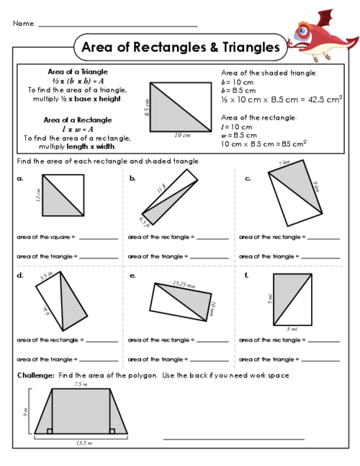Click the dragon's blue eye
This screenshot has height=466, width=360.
pos(303,31)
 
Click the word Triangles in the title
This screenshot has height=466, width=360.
pos(251,47)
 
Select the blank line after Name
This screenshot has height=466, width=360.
pos(118,26)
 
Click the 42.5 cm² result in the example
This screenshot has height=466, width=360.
pos(325,99)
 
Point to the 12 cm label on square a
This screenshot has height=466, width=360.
pos(38,195)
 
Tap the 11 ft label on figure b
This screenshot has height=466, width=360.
pos(161,189)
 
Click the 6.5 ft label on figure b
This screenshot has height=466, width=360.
pos(144,222)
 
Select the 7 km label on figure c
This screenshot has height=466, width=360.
pos(284,163)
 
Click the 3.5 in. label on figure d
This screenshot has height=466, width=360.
pos(46,276)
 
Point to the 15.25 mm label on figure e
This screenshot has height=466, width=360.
pos(184,284)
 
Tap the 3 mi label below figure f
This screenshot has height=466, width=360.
pos(292,329)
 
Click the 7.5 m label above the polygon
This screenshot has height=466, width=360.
pos(81,384)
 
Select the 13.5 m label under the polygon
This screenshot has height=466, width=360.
pos(84,443)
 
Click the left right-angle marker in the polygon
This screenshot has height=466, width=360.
pos(50,431)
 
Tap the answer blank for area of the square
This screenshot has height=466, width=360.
pos(99,239)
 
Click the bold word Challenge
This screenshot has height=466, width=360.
pos(36,375)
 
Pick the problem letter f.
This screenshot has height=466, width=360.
pos(246,276)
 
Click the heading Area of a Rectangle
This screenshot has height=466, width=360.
pos(78,120)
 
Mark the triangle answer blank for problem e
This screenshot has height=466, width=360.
pos(209,361)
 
